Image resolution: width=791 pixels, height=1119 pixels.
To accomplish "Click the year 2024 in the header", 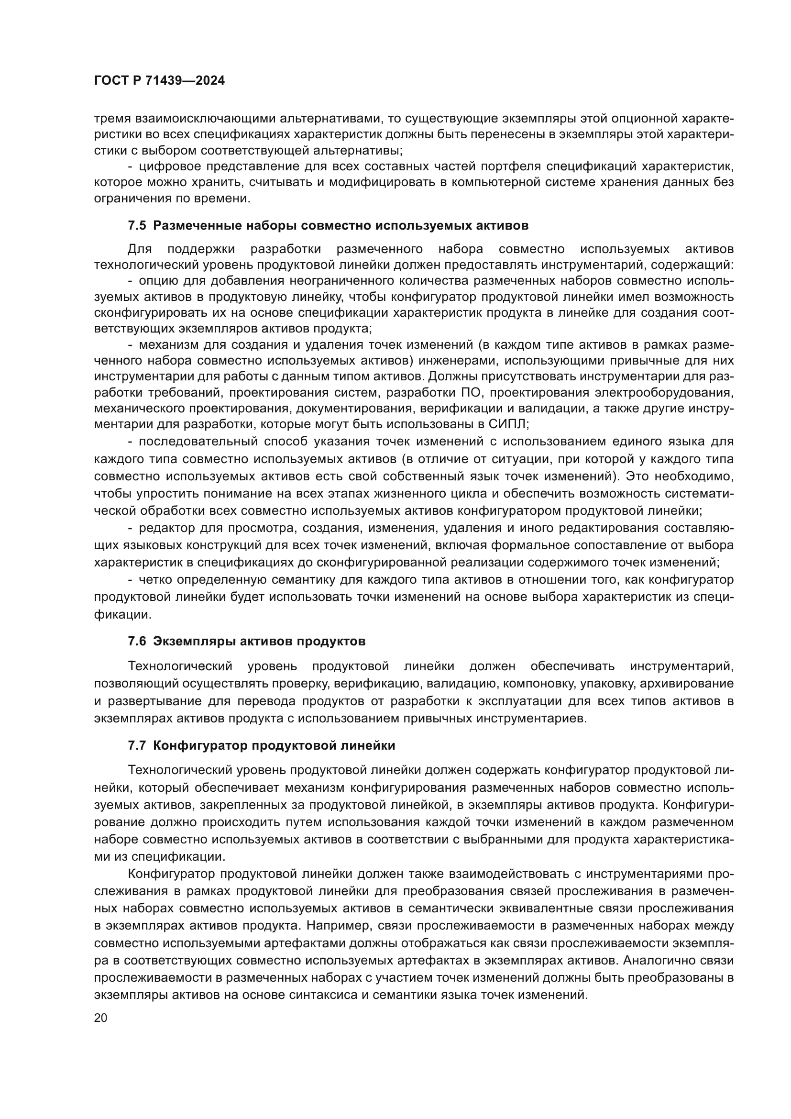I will (x=210, y=81).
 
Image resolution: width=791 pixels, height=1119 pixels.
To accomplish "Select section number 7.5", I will (x=137, y=226).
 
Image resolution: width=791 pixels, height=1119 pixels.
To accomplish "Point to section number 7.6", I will (x=137, y=642).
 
